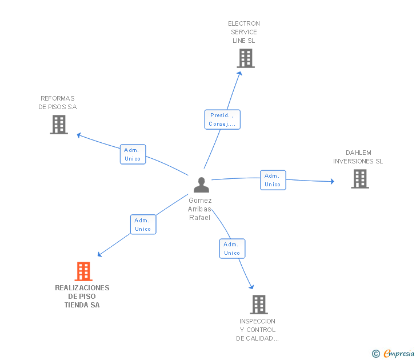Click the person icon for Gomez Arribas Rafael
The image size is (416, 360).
(201, 185)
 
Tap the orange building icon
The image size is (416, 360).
(83, 271)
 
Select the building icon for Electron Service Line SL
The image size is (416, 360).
(245, 58)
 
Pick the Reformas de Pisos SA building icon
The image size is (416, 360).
(59, 124)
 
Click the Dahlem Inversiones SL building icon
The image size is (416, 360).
(359, 179)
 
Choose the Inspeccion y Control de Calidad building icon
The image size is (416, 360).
(258, 304)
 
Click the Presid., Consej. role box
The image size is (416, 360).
(222, 119)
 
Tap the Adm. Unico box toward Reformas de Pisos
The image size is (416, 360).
(133, 154)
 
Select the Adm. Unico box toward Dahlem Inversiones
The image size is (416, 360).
(273, 180)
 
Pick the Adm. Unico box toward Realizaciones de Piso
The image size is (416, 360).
(142, 225)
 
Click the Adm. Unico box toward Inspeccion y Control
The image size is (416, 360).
(232, 249)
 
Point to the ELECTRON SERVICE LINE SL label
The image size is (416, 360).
(244, 32)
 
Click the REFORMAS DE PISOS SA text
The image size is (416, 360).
(57, 102)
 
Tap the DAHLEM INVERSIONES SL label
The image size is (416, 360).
(358, 157)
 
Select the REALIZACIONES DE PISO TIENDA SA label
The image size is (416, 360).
(82, 296)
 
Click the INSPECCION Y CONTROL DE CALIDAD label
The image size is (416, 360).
(257, 330)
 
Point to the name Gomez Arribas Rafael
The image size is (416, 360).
(199, 209)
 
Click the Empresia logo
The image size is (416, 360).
(399, 353)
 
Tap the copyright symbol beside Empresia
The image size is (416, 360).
(376, 354)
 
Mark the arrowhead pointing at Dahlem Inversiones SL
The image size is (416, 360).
(332, 182)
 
